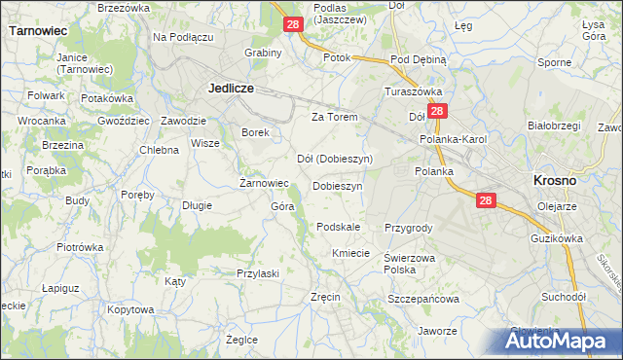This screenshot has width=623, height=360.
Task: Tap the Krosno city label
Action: [x=555, y=180]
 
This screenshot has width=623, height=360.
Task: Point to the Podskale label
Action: [x=339, y=227]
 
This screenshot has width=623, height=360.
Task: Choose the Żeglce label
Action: [x=241, y=340]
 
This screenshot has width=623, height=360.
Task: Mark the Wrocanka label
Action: [x=41, y=120]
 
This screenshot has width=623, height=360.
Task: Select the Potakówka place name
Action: [x=107, y=98]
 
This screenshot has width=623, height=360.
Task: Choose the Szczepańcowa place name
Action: [x=423, y=299]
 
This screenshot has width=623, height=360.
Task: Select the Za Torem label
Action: [x=335, y=117]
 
